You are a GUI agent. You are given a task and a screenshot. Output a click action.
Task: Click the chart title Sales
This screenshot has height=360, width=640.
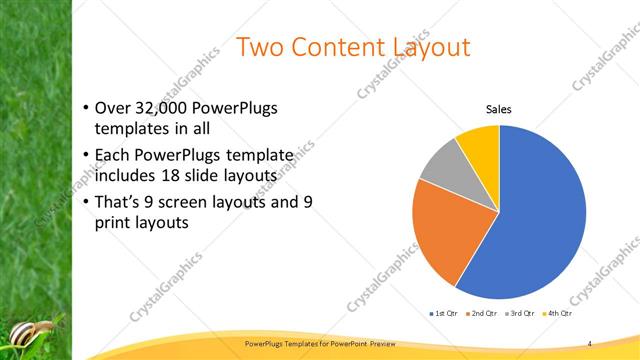[499, 109]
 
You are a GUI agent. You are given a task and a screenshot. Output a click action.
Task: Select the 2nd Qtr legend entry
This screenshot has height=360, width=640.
[482, 314]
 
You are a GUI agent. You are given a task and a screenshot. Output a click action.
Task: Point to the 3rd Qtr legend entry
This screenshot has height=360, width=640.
[520, 314]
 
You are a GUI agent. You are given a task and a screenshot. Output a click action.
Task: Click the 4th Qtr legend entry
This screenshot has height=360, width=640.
[557, 314]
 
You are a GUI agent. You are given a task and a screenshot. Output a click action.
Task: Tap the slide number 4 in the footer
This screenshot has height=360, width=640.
[590, 343]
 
